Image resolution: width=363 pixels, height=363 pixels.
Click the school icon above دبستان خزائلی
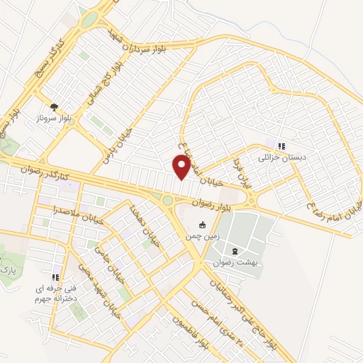tap(281, 147)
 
